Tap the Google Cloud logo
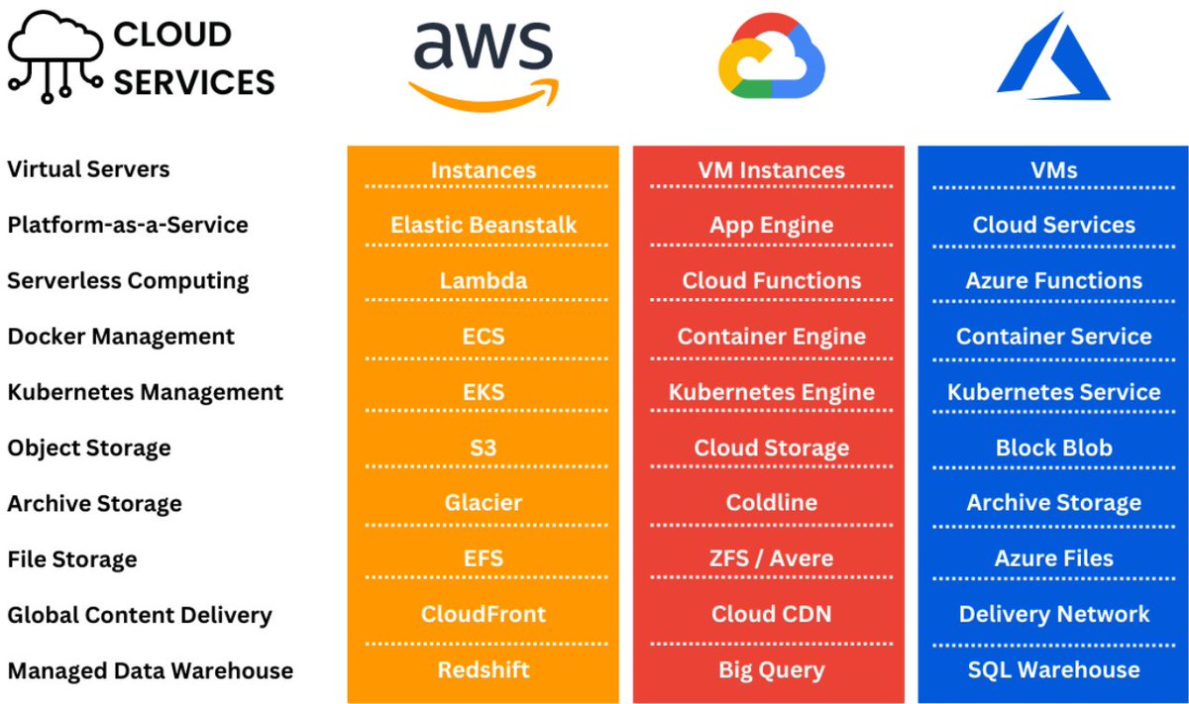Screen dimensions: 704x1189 (x=771, y=57)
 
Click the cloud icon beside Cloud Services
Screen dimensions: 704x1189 (x=54, y=56)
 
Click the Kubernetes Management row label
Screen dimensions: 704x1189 (x=145, y=392)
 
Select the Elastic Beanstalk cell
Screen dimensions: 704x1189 (x=484, y=225)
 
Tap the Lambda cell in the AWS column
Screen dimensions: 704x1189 (x=484, y=280)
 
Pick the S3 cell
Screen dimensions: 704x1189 (x=484, y=448)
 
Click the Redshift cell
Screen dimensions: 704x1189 (x=484, y=670)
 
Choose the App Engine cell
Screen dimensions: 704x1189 (x=771, y=225)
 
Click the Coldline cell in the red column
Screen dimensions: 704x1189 (x=771, y=503)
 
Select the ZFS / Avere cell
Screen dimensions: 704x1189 (x=771, y=558)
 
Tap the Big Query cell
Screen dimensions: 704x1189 (x=771, y=670)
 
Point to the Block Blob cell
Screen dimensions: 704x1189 (x=1053, y=448)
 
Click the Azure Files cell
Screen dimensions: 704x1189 (x=1053, y=558)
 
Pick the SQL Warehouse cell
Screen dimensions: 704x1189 (x=1053, y=670)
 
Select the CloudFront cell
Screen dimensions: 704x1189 (x=484, y=614)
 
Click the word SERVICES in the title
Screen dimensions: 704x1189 (x=194, y=81)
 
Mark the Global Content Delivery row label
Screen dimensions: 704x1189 (x=139, y=615)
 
